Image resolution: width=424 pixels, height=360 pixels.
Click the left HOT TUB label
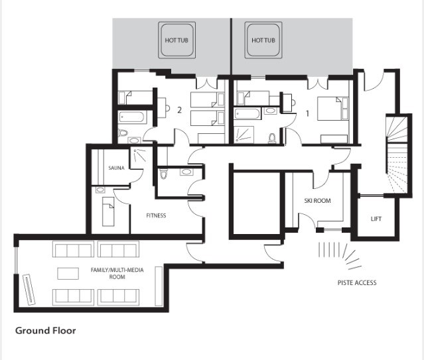coord(177,40)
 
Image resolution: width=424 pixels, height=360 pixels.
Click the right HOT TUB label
coord(263,40)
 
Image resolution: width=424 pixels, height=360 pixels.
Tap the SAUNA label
coord(116,168)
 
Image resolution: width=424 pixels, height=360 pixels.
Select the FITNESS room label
coord(156,215)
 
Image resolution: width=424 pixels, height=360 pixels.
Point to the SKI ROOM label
coord(317,200)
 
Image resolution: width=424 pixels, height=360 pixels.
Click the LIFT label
coord(376,219)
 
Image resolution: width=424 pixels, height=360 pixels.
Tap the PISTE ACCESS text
coord(357,282)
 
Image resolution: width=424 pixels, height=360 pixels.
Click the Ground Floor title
coord(45,330)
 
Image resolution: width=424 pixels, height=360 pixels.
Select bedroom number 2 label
coord(179,110)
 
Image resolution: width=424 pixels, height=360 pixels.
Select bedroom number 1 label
coord(307,113)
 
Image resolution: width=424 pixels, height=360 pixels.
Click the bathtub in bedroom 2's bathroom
coord(133,117)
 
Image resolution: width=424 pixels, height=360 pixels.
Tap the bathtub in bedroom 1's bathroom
coord(247,113)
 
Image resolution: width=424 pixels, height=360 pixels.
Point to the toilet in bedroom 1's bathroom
coord(271,138)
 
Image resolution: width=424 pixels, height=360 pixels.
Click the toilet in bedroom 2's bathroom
coord(123,133)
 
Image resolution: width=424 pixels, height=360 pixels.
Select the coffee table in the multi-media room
coord(68,274)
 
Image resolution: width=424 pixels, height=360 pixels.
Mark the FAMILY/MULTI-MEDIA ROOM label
coord(117,273)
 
